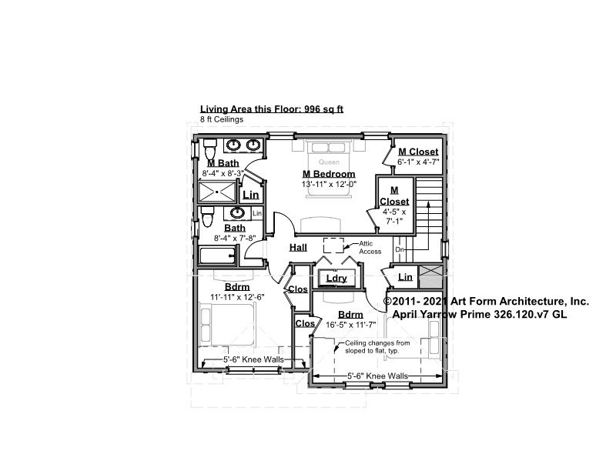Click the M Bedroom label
pos(329,174)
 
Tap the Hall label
pos(298,248)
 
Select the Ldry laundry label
pos(336,279)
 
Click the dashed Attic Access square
pos(333,246)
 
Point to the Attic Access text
pos(370,247)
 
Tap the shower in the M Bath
pos(217,192)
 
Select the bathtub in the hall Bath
pos(218,256)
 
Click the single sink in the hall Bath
pos(237,213)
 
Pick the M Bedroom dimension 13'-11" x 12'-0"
pos(329,184)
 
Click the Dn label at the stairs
pos(399,250)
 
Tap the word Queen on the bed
pos(329,162)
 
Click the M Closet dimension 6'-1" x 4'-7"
pos(418,162)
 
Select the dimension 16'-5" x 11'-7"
pos(351,325)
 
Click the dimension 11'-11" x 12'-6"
pos(237,297)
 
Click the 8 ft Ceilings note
pos(222,119)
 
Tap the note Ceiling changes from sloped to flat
pos(377,347)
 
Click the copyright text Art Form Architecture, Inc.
pos(519,302)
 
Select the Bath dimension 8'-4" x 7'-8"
pos(235,238)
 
